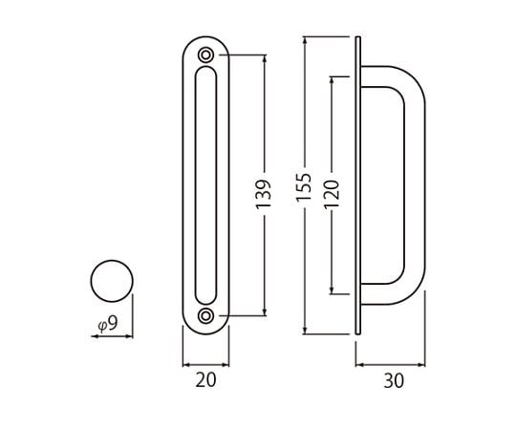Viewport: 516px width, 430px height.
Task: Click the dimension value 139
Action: pyautogui.click(x=264, y=194)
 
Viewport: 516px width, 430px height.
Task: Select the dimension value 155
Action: pyautogui.click(x=304, y=187)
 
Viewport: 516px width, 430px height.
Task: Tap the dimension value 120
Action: pyautogui.click(x=332, y=194)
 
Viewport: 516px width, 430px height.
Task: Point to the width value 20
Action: pyautogui.click(x=205, y=379)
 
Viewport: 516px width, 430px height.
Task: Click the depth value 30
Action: pyautogui.click(x=394, y=381)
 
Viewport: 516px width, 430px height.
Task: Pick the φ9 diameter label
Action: pyautogui.click(x=108, y=323)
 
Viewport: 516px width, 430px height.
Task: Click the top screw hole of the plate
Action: pyautogui.click(x=205, y=54)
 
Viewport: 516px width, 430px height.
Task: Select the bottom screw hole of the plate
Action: pyautogui.click(x=205, y=316)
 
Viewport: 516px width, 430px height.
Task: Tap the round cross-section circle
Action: pyautogui.click(x=112, y=261)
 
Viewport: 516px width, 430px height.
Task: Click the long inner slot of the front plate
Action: pyautogui.click(x=196, y=185)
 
